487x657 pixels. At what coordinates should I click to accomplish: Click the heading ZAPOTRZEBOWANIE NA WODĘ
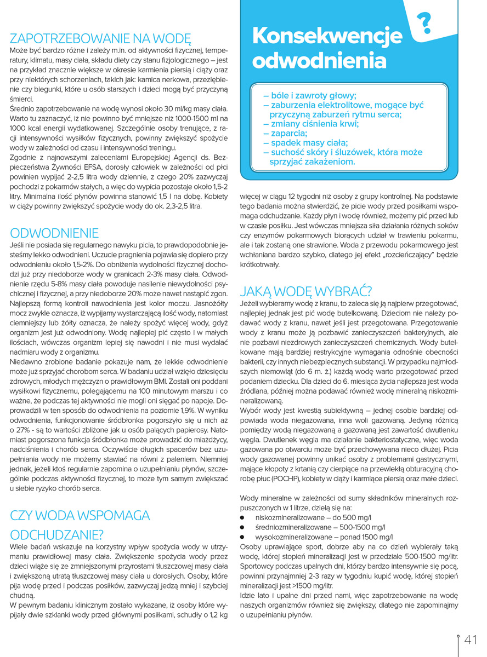pos(100,38)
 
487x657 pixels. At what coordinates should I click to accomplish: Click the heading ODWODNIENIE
pos(54,233)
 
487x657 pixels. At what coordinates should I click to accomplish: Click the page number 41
pos(471,640)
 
